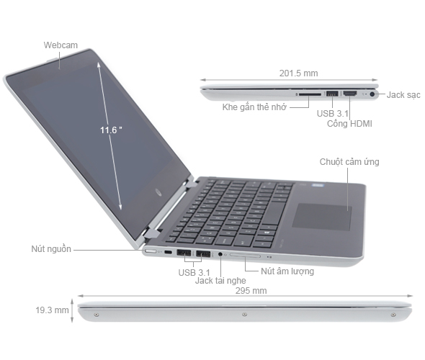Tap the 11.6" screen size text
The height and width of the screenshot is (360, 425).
pos(111,130)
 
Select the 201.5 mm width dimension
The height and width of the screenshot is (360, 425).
pos(297,73)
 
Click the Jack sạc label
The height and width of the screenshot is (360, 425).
pos(404,94)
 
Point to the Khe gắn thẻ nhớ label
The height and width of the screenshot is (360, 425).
pos(256,107)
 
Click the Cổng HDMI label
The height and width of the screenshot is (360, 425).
pos(349,123)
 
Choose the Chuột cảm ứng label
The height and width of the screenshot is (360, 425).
pos(349,162)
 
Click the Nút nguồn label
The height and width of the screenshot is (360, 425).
pos(51,249)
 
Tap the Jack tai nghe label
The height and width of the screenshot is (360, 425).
pos(218,281)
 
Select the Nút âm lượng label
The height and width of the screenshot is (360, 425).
pos(287,271)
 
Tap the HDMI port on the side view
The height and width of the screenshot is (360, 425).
pos(350,94)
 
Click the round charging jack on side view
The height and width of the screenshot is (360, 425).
pos(372,94)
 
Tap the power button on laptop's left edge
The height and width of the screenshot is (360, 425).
pos(152,252)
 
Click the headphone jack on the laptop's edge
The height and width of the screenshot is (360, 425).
pos(220,254)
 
